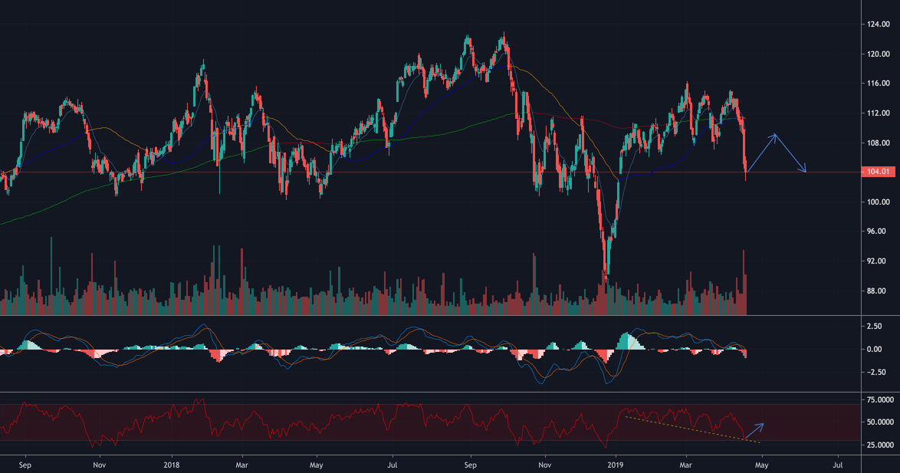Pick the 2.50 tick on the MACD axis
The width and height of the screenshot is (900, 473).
[874, 327]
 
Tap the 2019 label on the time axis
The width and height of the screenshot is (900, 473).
[614, 464]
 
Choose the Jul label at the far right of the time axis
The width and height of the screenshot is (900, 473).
[837, 464]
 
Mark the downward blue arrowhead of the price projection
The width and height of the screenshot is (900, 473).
[804, 170]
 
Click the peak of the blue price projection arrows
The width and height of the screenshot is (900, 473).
[776, 135]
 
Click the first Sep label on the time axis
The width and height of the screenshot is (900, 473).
[25, 464]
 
